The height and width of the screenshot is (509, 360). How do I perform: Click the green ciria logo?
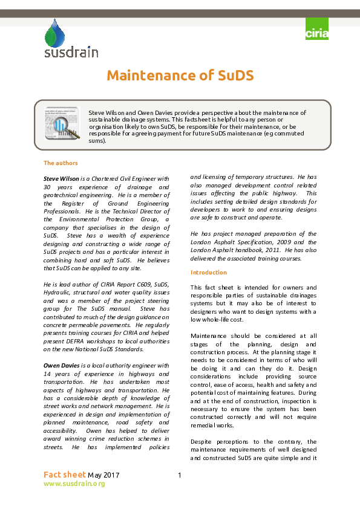(317, 30)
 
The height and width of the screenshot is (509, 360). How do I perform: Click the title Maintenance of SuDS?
(180, 76)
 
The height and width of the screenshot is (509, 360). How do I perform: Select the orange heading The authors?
(61, 163)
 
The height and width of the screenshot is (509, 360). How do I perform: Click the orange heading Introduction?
(209, 272)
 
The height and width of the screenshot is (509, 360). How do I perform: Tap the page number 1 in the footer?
(180, 475)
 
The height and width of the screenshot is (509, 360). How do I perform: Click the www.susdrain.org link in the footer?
(74, 484)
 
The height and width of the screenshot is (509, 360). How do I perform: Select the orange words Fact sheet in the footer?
(65, 475)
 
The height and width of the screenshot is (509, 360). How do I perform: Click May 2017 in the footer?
(103, 475)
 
